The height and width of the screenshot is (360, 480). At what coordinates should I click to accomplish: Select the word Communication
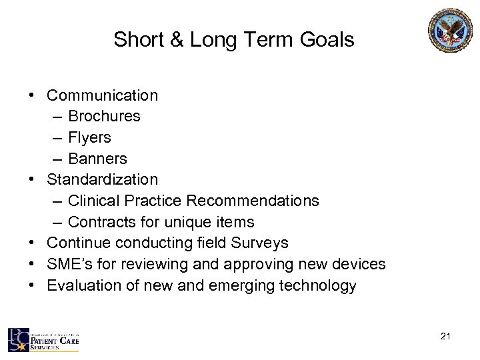pos(103,95)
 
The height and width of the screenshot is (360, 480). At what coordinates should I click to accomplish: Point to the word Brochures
pos(104,117)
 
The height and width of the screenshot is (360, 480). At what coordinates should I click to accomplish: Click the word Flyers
pos(89,138)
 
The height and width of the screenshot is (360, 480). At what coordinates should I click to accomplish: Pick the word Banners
pos(97,159)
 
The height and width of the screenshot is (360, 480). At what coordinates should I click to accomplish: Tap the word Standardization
pos(103,180)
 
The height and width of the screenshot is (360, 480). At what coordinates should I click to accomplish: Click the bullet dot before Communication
pos(32,95)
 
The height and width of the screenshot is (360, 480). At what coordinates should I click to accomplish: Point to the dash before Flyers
pos(56,138)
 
